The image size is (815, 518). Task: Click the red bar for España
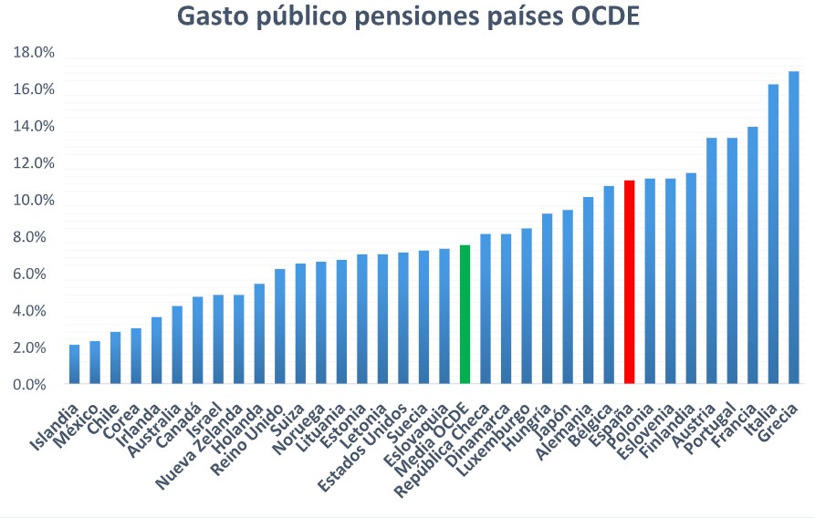coord(629,283)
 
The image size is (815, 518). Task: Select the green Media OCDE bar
coord(465,315)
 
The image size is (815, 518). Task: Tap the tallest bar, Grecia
coord(793,228)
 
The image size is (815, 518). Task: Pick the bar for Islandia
coord(74,364)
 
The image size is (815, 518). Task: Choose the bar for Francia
coord(752,255)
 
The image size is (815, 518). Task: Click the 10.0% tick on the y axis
coord(34,201)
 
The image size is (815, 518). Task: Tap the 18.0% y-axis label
coord(34,53)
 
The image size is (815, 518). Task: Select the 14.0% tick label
coord(34,127)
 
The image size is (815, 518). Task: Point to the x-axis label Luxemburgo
coord(494,442)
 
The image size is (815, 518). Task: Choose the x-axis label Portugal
coord(715,429)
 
